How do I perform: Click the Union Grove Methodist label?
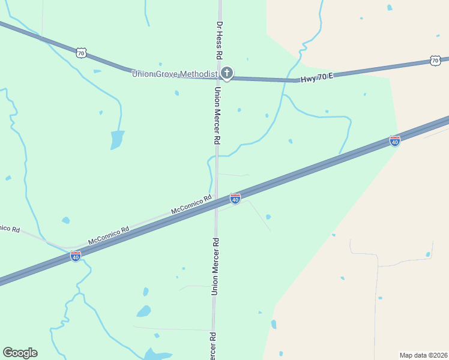(174, 74)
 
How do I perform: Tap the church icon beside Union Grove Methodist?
(227, 74)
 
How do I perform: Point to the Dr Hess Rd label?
(220, 40)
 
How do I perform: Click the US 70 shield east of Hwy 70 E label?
(435, 61)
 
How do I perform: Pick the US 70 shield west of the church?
(82, 53)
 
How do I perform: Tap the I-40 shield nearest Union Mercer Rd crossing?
(235, 199)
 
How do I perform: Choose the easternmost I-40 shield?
(394, 141)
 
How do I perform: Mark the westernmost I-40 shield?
(75, 256)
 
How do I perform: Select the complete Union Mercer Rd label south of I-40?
(215, 266)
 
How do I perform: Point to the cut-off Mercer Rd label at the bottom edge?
(212, 346)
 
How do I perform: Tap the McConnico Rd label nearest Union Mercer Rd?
(191, 205)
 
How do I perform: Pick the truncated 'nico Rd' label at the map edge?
(10, 229)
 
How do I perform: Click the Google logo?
(20, 353)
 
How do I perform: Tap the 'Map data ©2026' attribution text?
(423, 355)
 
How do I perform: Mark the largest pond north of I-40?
(117, 140)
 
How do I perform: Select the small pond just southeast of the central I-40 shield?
(268, 217)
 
